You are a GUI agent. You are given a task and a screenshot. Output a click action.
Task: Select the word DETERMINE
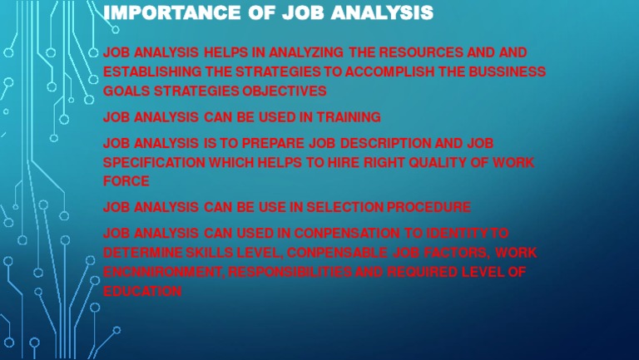click(x=139, y=252)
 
